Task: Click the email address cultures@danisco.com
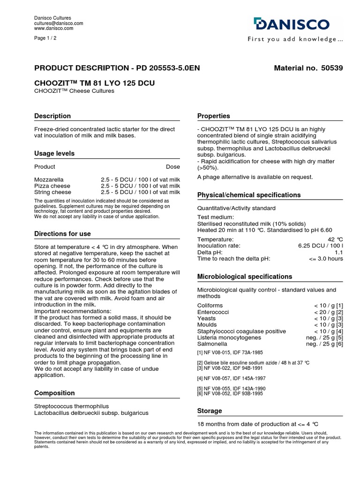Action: click(59, 23)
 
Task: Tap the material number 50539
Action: click(332, 68)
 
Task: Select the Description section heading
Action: click(52, 116)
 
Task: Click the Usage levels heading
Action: click(54, 153)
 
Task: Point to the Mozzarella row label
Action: click(49, 180)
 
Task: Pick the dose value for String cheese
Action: click(140, 192)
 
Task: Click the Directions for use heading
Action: click(62, 234)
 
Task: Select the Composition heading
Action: click(54, 393)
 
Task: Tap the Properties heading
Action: click(214, 116)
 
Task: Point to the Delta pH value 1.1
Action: click(338, 252)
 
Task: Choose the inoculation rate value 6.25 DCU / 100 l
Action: click(320, 246)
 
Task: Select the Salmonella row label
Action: click(212, 344)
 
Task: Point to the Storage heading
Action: click(210, 411)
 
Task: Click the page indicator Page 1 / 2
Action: click(45, 38)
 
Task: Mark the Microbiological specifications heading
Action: click(245, 277)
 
